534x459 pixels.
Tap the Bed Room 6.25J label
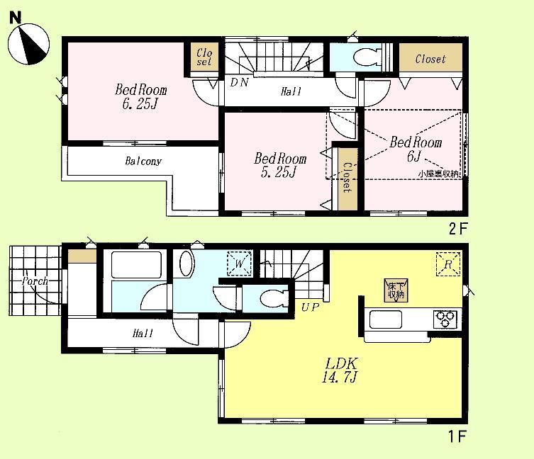click(x=142, y=97)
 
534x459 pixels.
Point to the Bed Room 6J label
click(x=416, y=149)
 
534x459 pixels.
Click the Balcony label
click(x=144, y=161)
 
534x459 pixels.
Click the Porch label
click(x=34, y=281)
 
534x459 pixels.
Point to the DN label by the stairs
click(x=238, y=82)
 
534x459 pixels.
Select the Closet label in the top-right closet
click(x=430, y=59)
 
